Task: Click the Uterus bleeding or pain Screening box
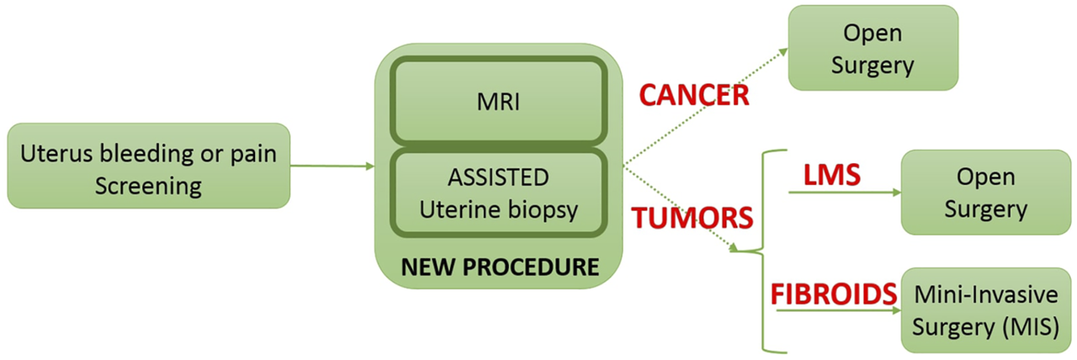tap(148, 166)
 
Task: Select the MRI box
tap(498, 102)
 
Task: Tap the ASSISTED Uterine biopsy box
tap(498, 193)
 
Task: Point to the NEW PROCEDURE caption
tap(500, 267)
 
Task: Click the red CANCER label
tap(694, 95)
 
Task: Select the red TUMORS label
tap(692, 218)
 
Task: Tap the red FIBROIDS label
tap(834, 294)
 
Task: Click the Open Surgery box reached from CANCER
tap(873, 48)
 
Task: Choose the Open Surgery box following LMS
tap(985, 193)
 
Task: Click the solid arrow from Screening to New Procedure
tap(332, 166)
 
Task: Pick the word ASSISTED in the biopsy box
tap(499, 177)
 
